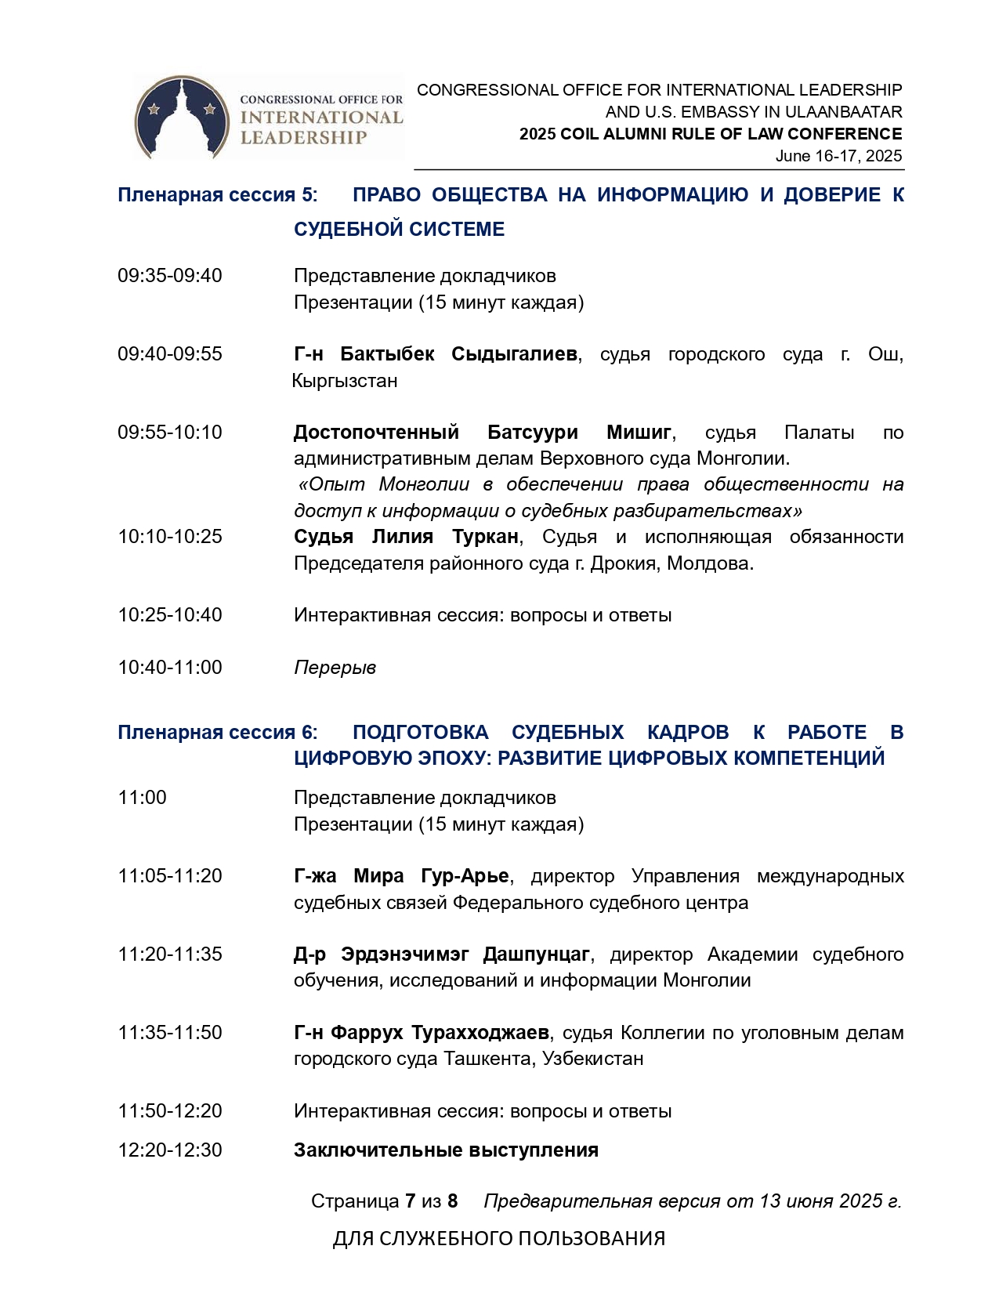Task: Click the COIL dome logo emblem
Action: tap(182, 117)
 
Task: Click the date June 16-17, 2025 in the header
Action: tap(838, 156)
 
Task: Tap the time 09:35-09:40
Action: tap(170, 276)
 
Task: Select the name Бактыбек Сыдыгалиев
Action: tap(458, 354)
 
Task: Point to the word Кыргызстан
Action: tap(345, 381)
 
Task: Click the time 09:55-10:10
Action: tap(170, 433)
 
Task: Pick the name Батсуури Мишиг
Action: tap(579, 433)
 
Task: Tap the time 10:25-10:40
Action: tap(170, 615)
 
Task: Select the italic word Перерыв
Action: tap(335, 668)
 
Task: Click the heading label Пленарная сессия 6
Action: tap(216, 733)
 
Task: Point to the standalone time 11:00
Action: tap(142, 798)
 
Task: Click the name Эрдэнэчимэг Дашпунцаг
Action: tap(465, 954)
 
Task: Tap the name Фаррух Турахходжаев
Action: tap(440, 1033)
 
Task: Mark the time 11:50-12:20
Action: tap(170, 1111)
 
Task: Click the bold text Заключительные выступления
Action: tap(446, 1150)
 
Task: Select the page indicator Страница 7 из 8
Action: tap(384, 1201)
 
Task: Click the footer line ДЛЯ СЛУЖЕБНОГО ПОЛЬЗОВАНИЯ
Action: tap(499, 1239)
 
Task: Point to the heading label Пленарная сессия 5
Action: tap(216, 195)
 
